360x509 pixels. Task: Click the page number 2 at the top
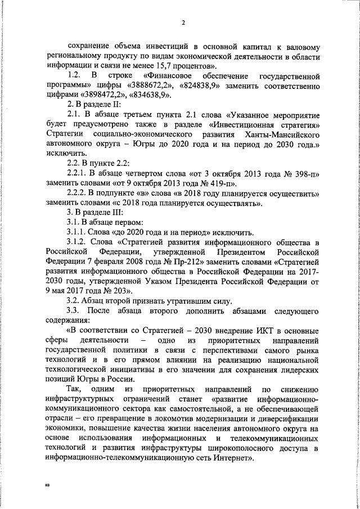click(x=183, y=22)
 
